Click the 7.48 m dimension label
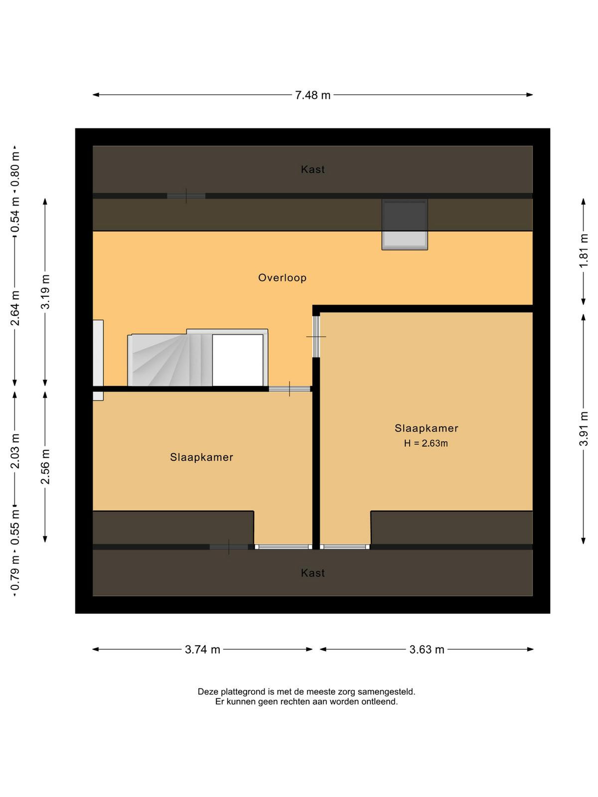point(312,95)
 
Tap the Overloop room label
point(282,278)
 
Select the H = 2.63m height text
point(426,443)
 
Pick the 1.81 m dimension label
point(584,251)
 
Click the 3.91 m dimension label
point(584,428)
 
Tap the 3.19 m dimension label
point(45,291)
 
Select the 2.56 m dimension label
point(45,467)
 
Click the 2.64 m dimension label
point(15,308)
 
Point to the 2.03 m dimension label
point(15,451)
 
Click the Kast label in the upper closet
point(312,169)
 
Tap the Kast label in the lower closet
point(312,573)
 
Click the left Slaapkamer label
point(201,457)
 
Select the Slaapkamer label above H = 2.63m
point(426,428)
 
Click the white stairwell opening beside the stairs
point(238,360)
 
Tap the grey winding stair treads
point(170,360)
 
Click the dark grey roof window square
point(405,216)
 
